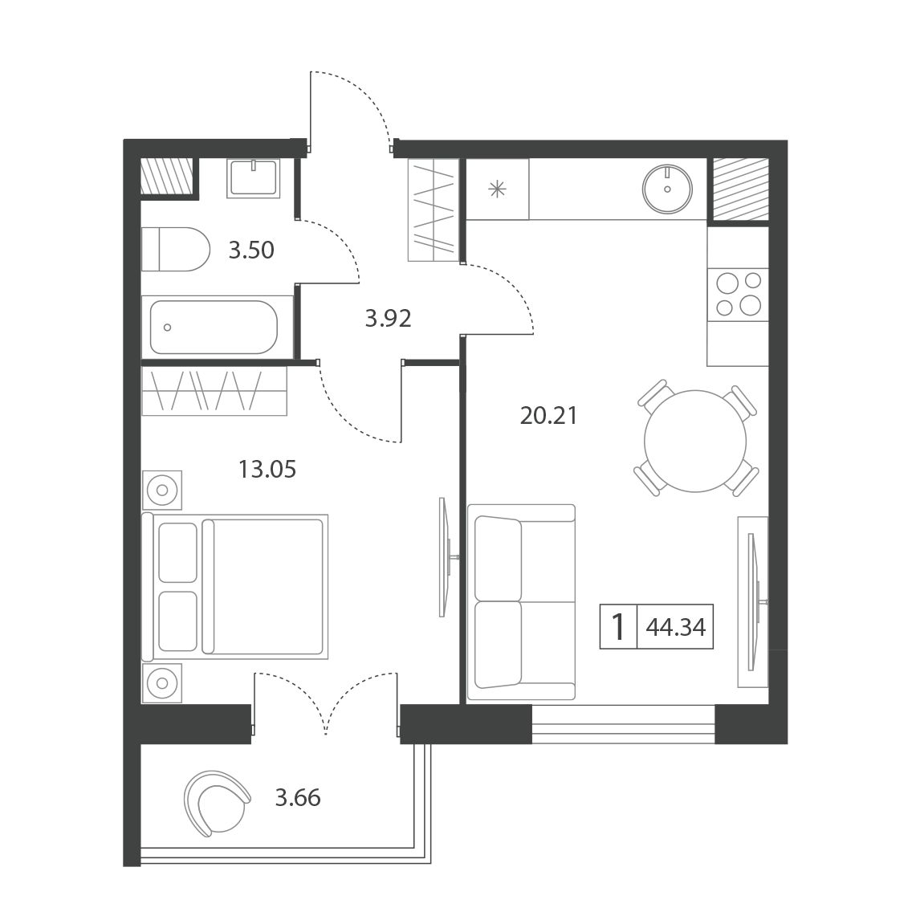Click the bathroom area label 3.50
[x=251, y=250]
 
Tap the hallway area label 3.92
[x=388, y=318]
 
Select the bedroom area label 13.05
[x=267, y=469]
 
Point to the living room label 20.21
[x=548, y=416]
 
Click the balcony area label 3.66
[x=298, y=797]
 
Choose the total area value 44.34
[x=676, y=627]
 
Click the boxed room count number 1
[x=618, y=627]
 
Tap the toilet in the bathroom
[x=176, y=249]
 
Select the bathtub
[x=214, y=327]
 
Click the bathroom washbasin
[x=254, y=177]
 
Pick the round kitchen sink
[x=667, y=189]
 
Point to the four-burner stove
[x=738, y=295]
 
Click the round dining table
[x=695, y=441]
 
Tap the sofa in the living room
[x=521, y=602]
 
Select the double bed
[x=235, y=586]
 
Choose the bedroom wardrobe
[x=214, y=390]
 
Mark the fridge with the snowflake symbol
[x=497, y=189]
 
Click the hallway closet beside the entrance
[x=434, y=210]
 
